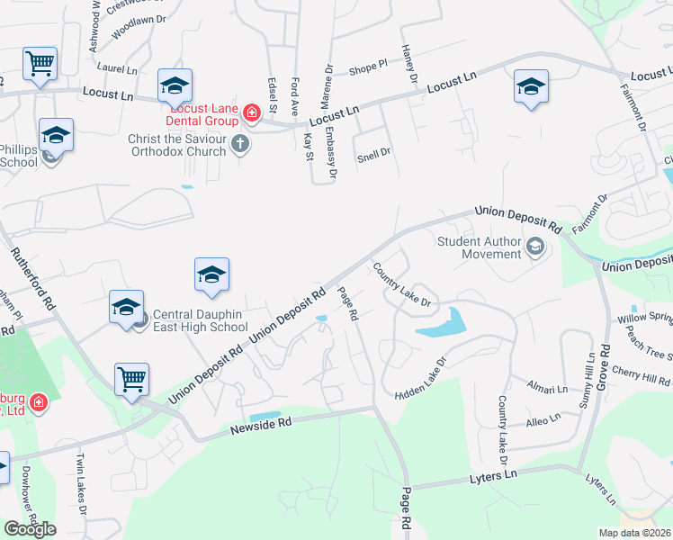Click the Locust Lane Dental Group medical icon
[x=253, y=112]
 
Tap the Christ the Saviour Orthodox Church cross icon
[x=239, y=143]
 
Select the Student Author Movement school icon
[x=535, y=246]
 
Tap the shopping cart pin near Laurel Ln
[x=40, y=64]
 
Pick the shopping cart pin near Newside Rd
[x=131, y=378]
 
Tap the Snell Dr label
[x=373, y=152]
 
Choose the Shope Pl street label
[x=367, y=66]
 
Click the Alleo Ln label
[x=543, y=418]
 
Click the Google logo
[x=30, y=529]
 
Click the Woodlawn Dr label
[x=139, y=25]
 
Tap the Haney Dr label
[x=410, y=65]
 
